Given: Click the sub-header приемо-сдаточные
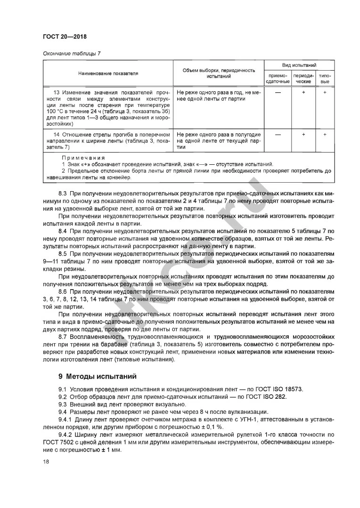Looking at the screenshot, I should [x=278, y=78].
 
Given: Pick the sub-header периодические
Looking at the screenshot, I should [x=303, y=78].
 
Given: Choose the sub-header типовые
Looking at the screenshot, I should [x=325, y=78].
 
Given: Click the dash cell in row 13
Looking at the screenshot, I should [x=278, y=93].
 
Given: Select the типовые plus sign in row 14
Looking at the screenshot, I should [x=325, y=135].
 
